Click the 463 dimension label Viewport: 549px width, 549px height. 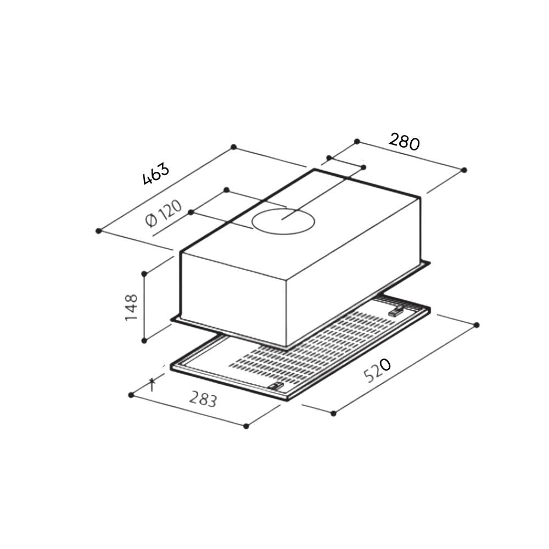pos(156,174)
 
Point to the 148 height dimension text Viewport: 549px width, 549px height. pos(131,307)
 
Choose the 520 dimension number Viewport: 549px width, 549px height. pos(377,371)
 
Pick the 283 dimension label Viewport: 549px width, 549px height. pos(203,399)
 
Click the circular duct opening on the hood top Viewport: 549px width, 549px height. pos(284,221)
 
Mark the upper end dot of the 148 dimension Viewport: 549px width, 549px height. pos(144,273)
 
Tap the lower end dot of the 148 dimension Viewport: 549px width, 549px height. pos(144,340)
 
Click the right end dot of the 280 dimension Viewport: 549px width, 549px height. pos(464,170)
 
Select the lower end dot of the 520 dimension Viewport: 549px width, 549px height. pos(333,412)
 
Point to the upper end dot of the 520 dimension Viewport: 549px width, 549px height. pos(476,325)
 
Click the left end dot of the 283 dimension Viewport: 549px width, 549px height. pos(131,395)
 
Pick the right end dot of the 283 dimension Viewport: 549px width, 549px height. pos(247,425)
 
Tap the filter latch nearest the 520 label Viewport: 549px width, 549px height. pos(395,312)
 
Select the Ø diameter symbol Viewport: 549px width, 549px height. pos(152,221)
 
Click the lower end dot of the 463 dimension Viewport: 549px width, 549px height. pos(98,231)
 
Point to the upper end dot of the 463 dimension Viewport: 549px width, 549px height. pos(233,147)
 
